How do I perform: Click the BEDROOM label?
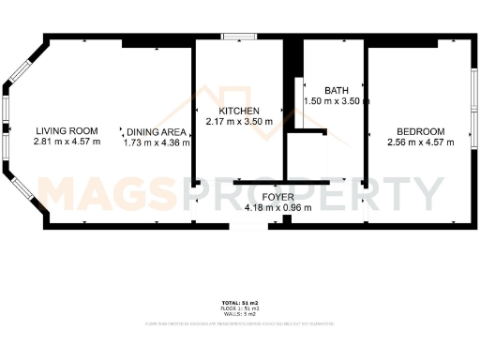point(420,131)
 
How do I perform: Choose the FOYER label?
point(277,197)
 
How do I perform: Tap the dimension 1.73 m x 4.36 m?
point(157,142)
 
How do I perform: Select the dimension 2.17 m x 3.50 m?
point(239,122)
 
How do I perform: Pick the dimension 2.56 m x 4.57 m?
point(420,142)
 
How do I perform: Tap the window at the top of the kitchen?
point(240,37)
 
